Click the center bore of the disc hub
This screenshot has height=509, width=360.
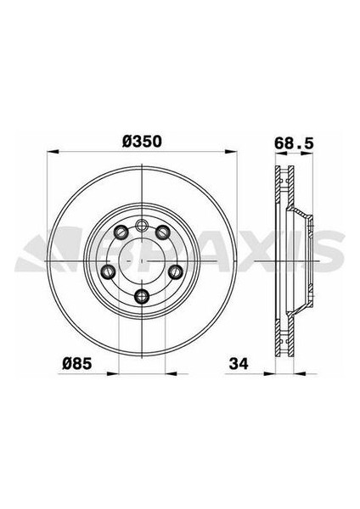point(142,255)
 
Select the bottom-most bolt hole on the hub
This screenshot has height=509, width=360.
point(142,296)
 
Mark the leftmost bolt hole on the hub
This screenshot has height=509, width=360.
point(107,271)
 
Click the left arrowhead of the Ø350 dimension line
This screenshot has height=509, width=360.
point(48,154)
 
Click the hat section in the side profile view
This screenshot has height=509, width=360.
point(301,255)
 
